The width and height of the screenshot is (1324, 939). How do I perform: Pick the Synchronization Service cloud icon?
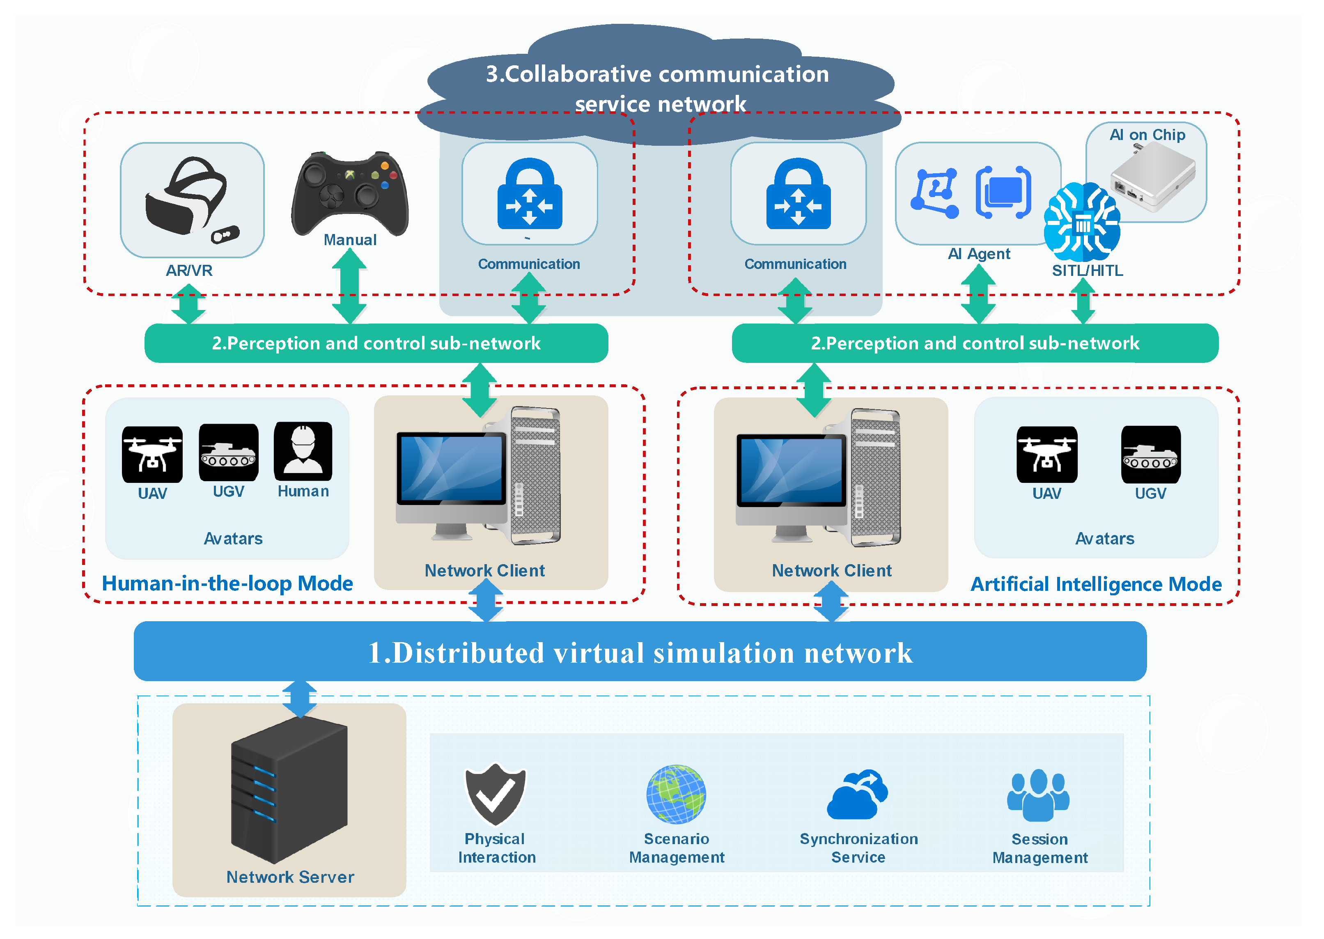858,794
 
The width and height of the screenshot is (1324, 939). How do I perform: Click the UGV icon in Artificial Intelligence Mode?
1151,455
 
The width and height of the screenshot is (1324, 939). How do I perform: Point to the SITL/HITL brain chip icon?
1082,222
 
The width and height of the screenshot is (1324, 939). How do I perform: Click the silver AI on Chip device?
1153,177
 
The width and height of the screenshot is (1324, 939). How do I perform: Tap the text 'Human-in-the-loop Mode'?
227,583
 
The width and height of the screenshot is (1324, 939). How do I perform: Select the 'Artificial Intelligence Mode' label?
1096,584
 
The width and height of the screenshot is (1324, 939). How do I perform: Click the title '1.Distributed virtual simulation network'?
640,653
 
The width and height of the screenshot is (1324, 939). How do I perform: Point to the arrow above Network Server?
299,699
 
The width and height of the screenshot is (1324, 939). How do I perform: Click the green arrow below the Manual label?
349,286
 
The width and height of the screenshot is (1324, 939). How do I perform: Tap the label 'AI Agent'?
979,254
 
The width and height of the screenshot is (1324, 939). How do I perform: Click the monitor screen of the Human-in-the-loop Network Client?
451,468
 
